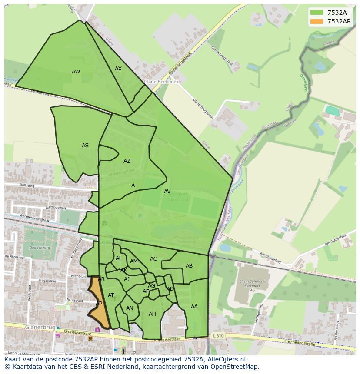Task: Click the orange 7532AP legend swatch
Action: tap(317, 21)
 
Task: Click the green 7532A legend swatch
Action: tap(317, 13)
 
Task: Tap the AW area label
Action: tap(76, 72)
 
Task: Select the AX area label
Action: tap(118, 69)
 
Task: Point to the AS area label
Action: tap(85, 146)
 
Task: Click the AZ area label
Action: tap(127, 161)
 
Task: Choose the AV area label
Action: tap(167, 192)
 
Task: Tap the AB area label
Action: tap(189, 266)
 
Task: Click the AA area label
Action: tap(194, 307)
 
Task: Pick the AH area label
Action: tap(152, 314)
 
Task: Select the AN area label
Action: tap(130, 308)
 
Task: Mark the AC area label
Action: tap(153, 259)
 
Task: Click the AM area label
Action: tap(134, 261)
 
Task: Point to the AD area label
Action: tap(170, 289)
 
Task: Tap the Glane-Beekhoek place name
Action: tap(161, 81)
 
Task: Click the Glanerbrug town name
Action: tap(40, 327)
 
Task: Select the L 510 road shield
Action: tap(219, 336)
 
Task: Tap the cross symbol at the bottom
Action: tap(124, 351)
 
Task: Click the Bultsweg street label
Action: tap(27, 185)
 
